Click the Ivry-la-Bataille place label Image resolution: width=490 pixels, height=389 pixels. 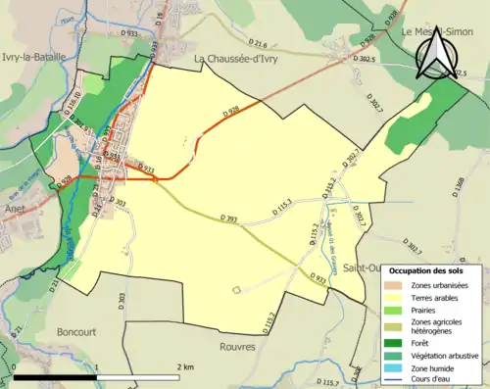click(x=33, y=57)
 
